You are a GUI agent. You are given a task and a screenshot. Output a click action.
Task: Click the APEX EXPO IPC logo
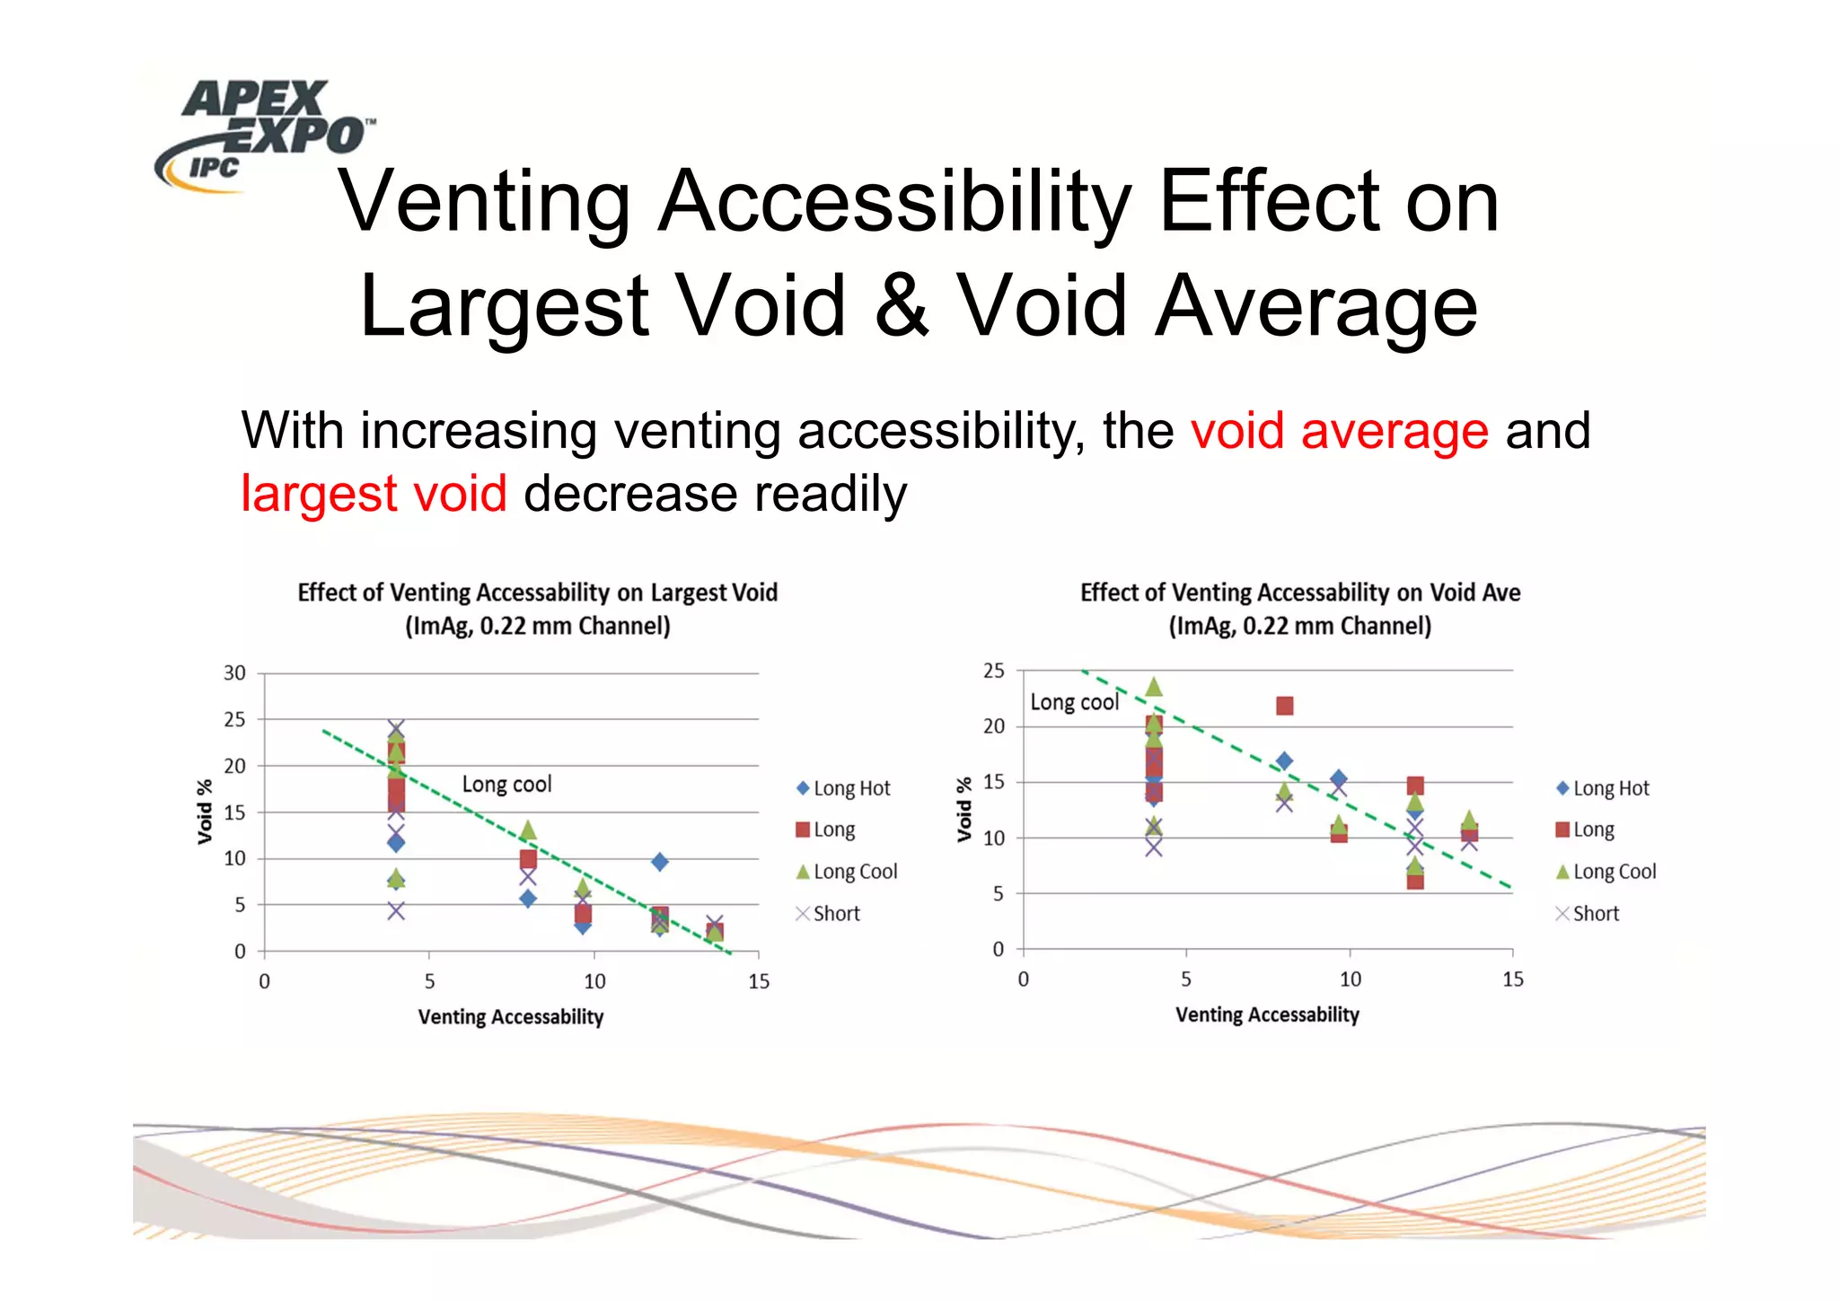260,135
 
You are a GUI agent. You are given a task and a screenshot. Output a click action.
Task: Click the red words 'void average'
1339,431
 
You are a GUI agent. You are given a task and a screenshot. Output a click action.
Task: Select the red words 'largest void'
374,494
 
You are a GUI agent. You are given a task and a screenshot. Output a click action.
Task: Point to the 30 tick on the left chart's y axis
234,673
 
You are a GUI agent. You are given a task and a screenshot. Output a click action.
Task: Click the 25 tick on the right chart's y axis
993,671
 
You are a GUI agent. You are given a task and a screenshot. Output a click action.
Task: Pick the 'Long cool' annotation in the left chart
506,784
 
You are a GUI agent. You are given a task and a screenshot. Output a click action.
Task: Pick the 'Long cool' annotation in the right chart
1074,702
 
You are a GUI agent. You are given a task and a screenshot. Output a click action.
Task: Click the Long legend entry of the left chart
825,830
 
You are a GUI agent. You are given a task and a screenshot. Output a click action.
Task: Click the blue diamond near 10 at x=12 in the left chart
659,862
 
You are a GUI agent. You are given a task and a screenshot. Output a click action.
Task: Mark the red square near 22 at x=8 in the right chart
1285,706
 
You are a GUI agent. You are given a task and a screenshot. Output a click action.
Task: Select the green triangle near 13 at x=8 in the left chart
528,830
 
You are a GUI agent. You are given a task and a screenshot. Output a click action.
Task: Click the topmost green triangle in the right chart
1154,688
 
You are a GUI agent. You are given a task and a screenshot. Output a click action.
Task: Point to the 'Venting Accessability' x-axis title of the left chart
510,1017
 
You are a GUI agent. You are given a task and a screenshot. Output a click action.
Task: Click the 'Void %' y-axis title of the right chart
963,809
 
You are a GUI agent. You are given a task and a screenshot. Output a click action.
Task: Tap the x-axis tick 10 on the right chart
1350,979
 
